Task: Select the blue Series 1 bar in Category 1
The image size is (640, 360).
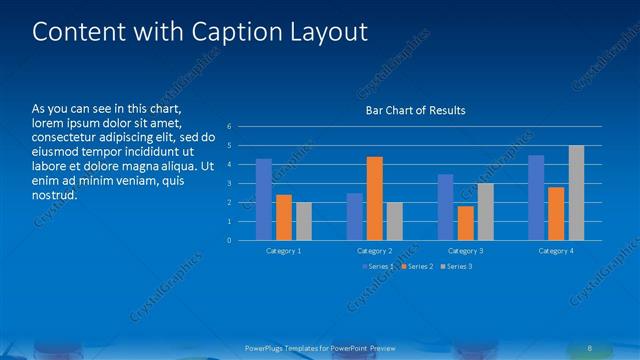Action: tap(263, 199)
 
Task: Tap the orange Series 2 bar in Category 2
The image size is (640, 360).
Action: tap(374, 198)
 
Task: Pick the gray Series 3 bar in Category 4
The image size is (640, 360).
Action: tap(576, 193)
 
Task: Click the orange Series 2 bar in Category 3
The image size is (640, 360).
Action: tap(465, 223)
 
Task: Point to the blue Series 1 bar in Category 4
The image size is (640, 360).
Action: tap(536, 198)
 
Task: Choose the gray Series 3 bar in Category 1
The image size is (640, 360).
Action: tap(304, 221)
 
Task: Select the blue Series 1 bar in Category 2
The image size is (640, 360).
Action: tap(354, 216)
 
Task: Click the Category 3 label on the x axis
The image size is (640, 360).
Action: tap(465, 251)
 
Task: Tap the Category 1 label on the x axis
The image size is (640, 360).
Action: tap(284, 251)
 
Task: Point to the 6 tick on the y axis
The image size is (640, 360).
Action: tap(229, 127)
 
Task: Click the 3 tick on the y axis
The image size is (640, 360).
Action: tap(229, 184)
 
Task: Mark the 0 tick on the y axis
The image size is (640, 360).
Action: tap(229, 241)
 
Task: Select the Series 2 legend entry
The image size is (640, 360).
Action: tap(418, 267)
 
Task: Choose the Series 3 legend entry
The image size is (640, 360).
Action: tap(457, 267)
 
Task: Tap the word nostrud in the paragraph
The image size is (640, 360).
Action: tap(55, 194)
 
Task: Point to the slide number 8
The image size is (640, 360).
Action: tap(590, 347)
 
